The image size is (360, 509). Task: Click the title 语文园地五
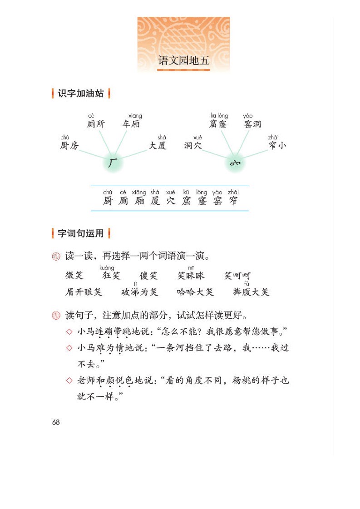[183, 61]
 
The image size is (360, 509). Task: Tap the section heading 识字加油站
[81, 94]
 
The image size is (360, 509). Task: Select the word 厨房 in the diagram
[69, 146]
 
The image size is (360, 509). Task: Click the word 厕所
[96, 124]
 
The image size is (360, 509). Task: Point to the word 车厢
[131, 124]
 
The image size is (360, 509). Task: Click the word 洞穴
[193, 146]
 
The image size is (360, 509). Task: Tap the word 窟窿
[218, 124]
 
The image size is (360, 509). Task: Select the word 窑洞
[252, 124]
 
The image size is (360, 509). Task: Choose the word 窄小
[277, 146]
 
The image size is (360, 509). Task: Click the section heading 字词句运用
[81, 234]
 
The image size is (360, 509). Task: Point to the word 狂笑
[112, 276]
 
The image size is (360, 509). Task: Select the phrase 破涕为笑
[139, 292]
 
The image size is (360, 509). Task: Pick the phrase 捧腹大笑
[251, 292]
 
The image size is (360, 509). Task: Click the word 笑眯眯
[191, 276]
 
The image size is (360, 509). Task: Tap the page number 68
[56, 422]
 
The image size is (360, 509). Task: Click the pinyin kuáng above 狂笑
[107, 268]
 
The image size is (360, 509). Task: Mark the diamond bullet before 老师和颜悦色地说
[69, 381]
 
